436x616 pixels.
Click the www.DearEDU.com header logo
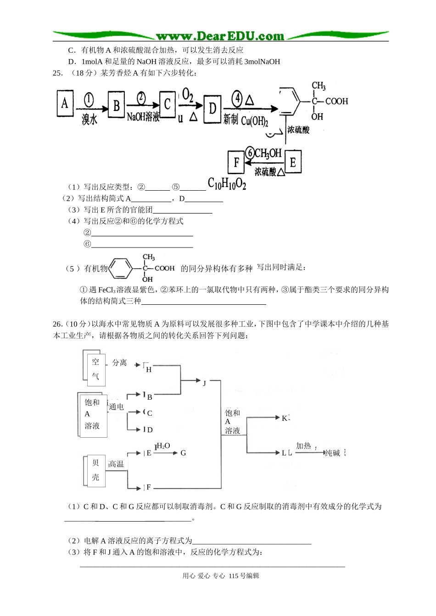pos(220,36)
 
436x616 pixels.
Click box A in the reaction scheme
pos(65,104)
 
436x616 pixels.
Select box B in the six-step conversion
pos(117,106)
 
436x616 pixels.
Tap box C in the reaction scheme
pos(168,104)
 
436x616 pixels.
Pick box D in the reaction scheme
pos(212,109)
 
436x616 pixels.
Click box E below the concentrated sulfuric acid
pos(292,162)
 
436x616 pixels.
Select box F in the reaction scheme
pos(237,162)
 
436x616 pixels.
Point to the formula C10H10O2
pos(227,184)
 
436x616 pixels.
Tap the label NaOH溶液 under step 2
pos(143,117)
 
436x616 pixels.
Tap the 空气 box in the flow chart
pos(95,368)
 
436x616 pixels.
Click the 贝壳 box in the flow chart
pos(95,470)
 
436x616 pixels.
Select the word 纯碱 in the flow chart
pos(332,453)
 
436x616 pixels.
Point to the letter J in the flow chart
pos(204,383)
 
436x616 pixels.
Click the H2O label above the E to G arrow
pos(163,446)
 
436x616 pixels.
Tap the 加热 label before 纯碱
pos(303,445)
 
